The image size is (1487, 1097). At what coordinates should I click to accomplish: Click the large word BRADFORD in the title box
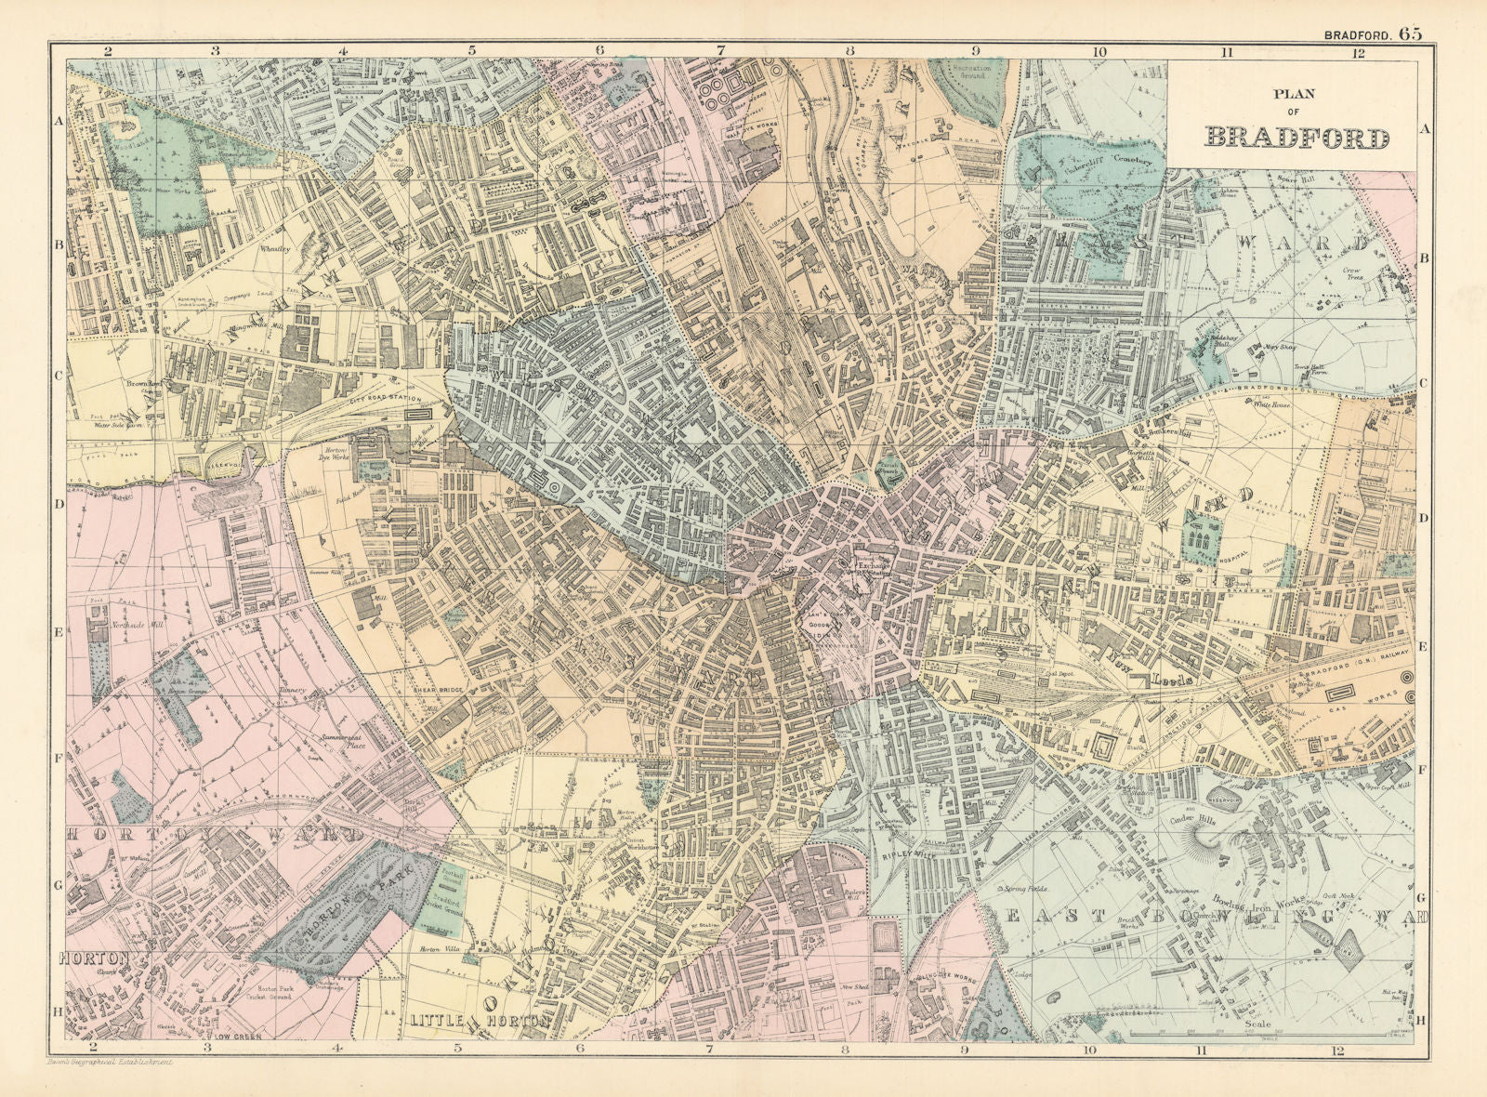tap(1297, 138)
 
